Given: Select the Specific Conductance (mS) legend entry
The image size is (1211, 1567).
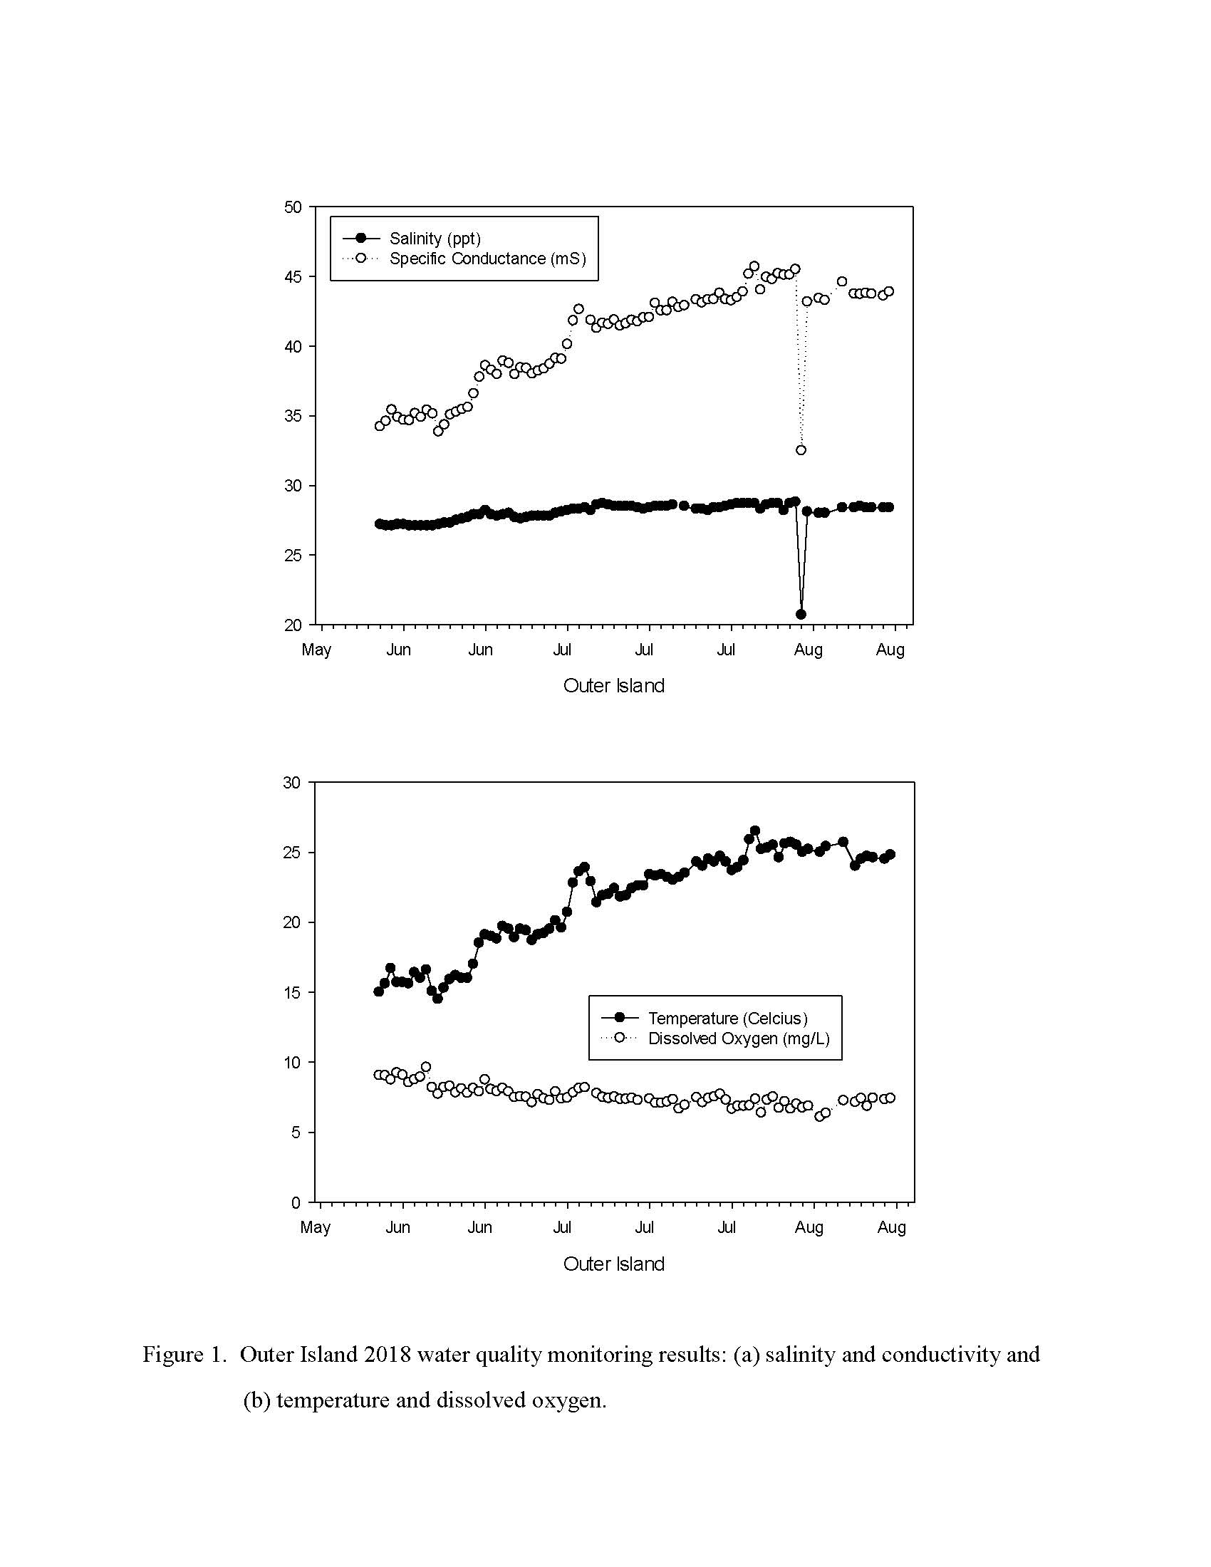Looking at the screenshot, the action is point(464,259).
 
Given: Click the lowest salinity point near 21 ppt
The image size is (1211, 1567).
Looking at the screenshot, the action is point(801,614).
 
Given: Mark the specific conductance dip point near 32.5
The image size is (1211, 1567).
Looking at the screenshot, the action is point(801,450).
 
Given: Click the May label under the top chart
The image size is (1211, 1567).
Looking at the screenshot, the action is point(316,650).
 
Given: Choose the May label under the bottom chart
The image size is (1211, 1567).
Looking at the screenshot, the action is point(316,1228).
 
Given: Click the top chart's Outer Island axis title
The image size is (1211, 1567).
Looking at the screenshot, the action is point(614,686).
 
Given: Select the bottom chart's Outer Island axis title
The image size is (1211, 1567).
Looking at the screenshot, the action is point(614,1264).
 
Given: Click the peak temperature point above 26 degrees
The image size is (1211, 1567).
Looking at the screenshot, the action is point(754,831).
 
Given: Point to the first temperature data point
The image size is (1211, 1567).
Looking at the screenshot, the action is point(378,991).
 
